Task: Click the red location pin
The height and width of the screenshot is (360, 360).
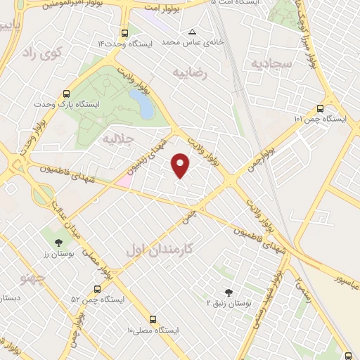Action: (x=181, y=165)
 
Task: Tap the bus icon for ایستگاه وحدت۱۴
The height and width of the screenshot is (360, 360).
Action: (x=125, y=33)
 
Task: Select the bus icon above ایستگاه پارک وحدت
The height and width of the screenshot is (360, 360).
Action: (x=67, y=93)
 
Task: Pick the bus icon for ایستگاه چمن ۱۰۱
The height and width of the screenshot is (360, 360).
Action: (x=320, y=108)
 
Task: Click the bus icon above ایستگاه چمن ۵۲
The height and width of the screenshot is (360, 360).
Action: (x=97, y=288)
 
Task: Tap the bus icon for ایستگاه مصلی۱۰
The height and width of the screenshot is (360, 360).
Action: (x=154, y=319)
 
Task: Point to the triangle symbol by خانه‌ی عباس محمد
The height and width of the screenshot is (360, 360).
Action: (x=192, y=32)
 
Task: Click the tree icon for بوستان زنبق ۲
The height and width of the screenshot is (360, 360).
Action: (x=227, y=292)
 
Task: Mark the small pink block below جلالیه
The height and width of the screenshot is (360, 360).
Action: (x=124, y=179)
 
